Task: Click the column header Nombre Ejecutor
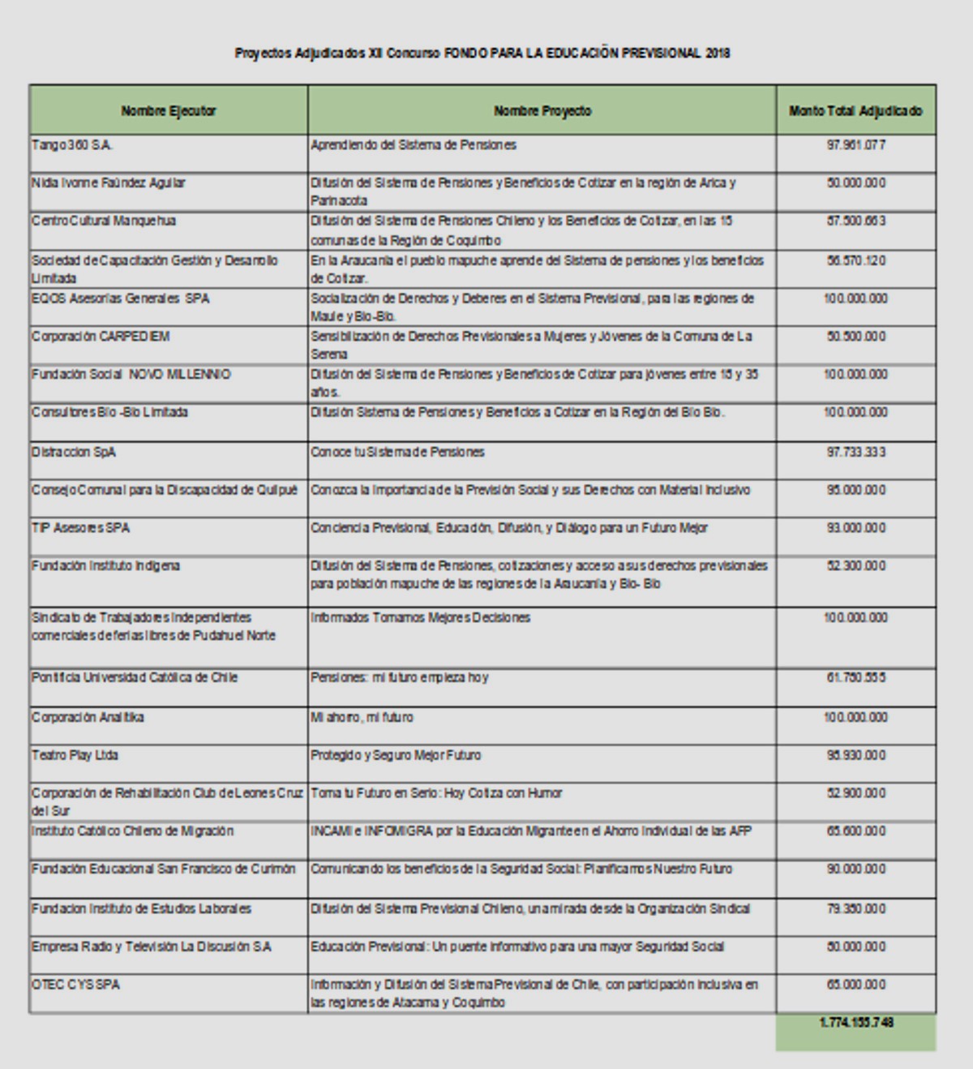point(169,111)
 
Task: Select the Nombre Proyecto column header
point(542,111)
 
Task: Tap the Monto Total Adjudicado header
point(855,111)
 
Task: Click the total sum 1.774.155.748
point(856,1023)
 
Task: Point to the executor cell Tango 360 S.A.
point(72,145)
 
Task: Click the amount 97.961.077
point(856,145)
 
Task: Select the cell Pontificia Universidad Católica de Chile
point(135,677)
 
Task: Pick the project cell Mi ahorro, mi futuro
point(362,717)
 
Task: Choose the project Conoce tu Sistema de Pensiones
point(397,452)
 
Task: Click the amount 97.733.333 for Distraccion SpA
point(856,452)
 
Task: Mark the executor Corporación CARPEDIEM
point(101,337)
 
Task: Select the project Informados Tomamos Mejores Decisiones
point(420,617)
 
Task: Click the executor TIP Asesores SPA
point(80,528)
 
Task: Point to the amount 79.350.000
point(856,908)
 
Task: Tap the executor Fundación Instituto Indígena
point(105,565)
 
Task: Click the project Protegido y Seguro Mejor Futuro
point(396,755)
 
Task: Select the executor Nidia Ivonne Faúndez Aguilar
point(109,183)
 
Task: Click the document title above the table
point(482,54)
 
